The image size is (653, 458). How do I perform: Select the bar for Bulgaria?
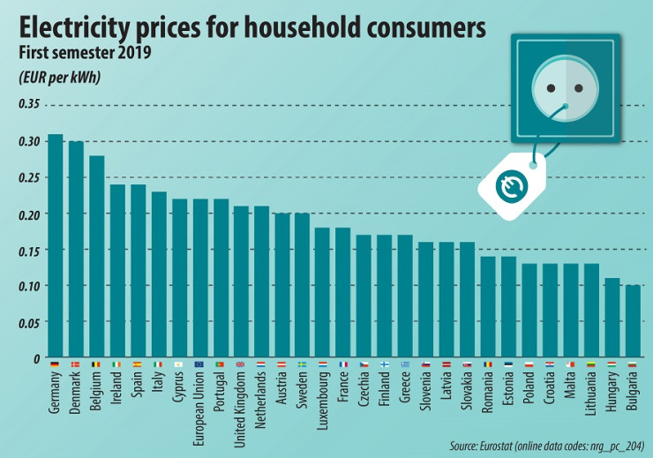click(x=632, y=321)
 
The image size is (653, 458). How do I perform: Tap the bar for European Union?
click(x=199, y=278)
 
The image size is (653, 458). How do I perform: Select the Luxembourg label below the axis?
click(x=323, y=394)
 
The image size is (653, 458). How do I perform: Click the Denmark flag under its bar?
click(x=76, y=364)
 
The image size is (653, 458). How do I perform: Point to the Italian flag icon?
click(x=158, y=364)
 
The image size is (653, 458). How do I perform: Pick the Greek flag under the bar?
click(x=405, y=364)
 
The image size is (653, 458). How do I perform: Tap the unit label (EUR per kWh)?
click(x=59, y=77)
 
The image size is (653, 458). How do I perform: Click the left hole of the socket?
click(x=551, y=88)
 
